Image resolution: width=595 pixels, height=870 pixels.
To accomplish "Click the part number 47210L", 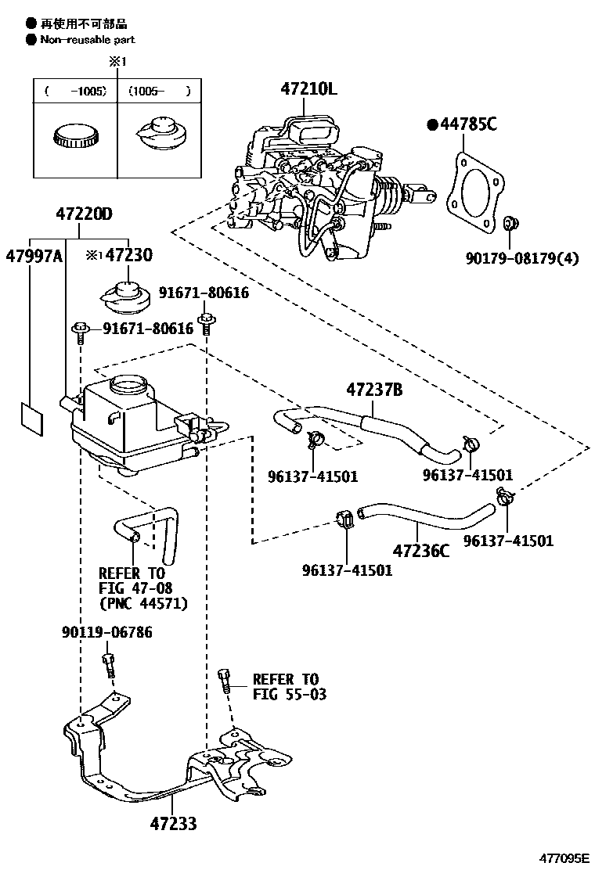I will [x=308, y=89].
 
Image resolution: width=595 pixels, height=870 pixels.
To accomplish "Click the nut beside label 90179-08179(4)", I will [x=510, y=225].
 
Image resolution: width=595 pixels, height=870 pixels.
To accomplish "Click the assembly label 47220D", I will [x=84, y=213].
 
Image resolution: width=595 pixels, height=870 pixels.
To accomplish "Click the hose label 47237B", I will [x=374, y=389].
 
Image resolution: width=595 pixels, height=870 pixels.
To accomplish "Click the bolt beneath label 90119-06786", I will [x=108, y=667].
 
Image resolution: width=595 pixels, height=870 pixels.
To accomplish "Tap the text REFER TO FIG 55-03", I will [x=286, y=686].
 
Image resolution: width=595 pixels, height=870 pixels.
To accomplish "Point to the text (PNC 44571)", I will [x=143, y=603].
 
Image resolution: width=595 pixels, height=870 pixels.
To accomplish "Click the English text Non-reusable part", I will [x=88, y=39].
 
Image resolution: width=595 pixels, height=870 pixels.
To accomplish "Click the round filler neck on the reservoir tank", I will [x=127, y=384].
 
